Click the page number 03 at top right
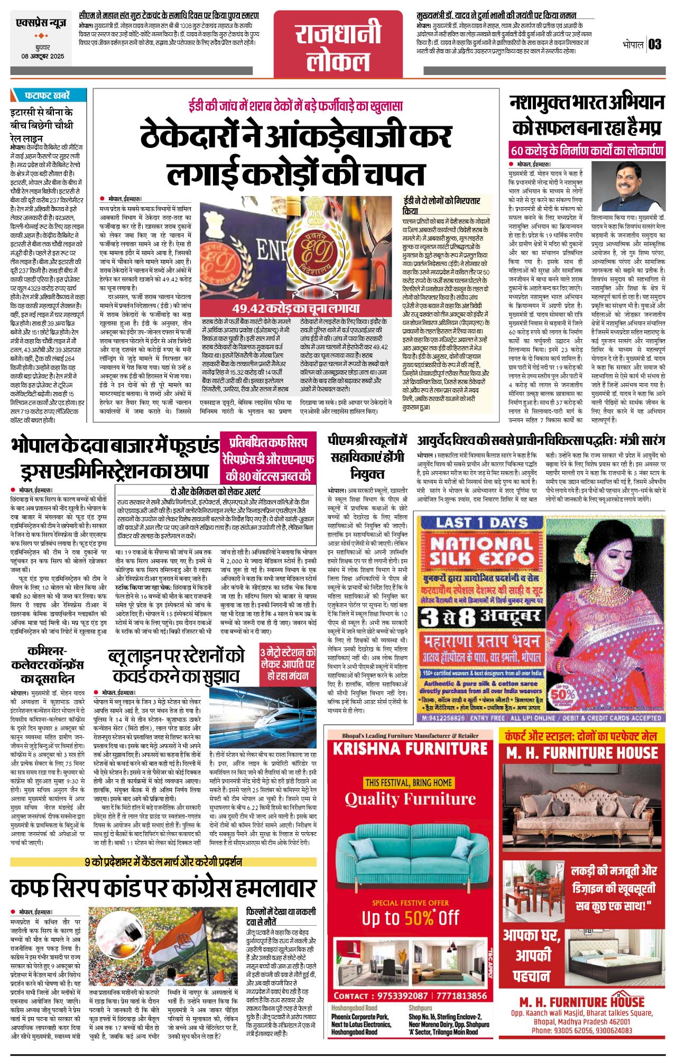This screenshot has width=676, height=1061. [x=655, y=44]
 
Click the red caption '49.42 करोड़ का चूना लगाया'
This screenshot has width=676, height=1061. [x=296, y=309]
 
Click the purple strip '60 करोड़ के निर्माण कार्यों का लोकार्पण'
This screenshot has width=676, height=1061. [x=586, y=151]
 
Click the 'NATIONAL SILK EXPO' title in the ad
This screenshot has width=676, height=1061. [x=481, y=551]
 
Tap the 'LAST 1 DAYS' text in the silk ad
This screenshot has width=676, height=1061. [x=481, y=523]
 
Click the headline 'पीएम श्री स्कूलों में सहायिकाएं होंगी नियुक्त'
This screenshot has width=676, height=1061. [x=367, y=457]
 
